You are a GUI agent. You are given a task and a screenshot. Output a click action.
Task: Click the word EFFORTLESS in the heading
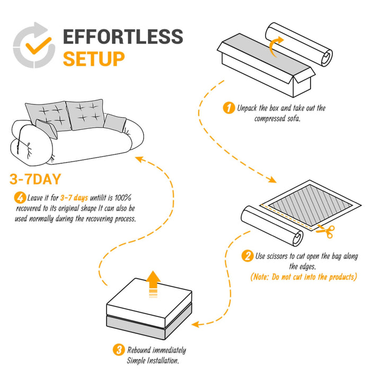click(123, 37)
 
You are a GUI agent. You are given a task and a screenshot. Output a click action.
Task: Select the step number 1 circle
click(229, 109)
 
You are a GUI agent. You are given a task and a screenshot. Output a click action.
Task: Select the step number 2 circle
click(247, 257)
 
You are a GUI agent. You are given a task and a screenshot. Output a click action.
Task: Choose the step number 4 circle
click(20, 198)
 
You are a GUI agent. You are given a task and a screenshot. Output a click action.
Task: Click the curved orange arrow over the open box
click(276, 46)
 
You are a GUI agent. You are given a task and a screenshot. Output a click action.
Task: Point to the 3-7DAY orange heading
click(36, 178)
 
